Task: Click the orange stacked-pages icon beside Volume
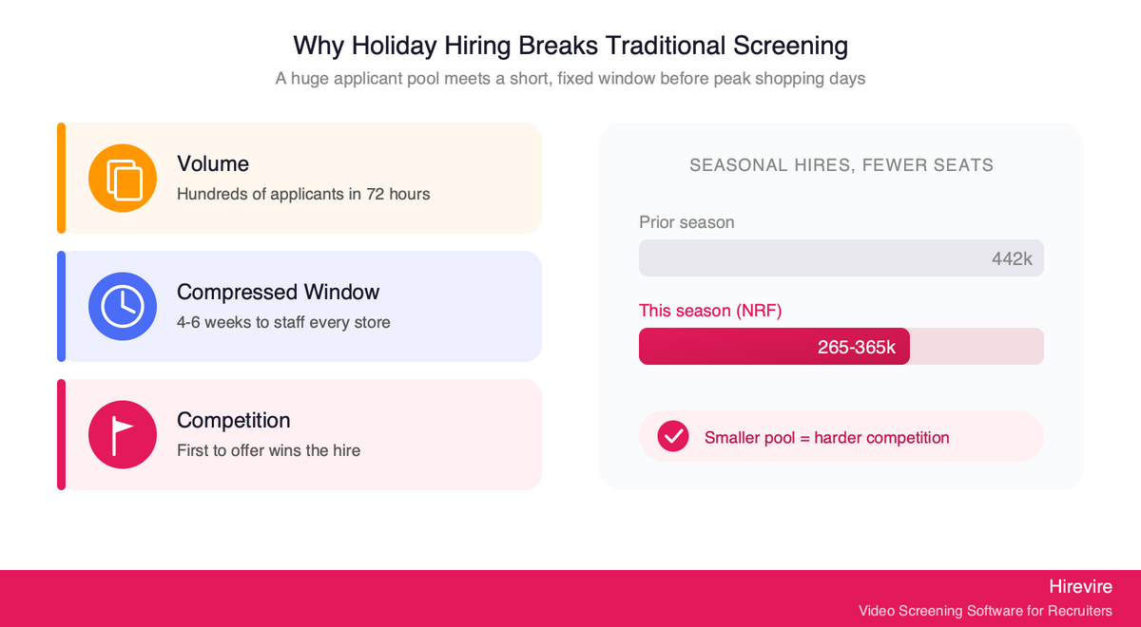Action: coord(123,179)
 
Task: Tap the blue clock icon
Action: coord(123,306)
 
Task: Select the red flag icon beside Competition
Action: coord(123,435)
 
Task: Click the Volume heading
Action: coord(213,163)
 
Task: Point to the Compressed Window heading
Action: coord(278,293)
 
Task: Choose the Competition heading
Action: coord(233,420)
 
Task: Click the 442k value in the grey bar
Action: coord(1012,259)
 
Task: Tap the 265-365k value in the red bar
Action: coord(857,347)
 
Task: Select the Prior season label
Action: coord(687,222)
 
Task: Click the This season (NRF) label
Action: coord(710,311)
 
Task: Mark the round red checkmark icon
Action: coord(673,436)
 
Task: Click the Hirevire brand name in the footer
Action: coord(1080,587)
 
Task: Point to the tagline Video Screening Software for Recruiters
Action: coord(985,611)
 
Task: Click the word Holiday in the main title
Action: coord(395,46)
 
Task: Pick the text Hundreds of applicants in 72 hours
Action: coord(303,195)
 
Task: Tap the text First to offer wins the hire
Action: coord(268,451)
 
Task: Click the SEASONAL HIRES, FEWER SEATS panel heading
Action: coord(841,165)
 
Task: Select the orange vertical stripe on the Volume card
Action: coord(61,179)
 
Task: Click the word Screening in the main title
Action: coord(790,46)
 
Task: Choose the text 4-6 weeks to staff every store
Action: coord(283,323)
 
